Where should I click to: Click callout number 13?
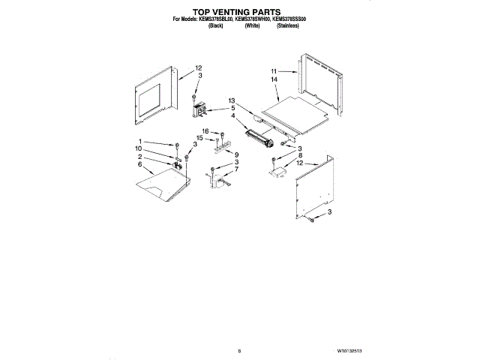(x=232, y=100)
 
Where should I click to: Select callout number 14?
(x=274, y=79)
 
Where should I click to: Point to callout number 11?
(x=274, y=70)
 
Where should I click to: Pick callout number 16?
(x=205, y=132)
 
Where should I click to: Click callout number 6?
(x=139, y=163)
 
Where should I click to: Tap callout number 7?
(x=237, y=169)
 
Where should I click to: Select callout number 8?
(x=299, y=155)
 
